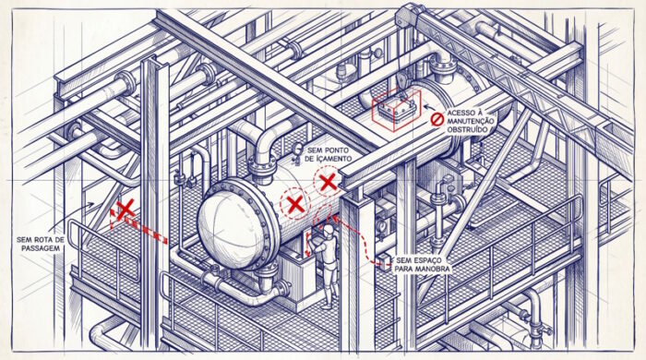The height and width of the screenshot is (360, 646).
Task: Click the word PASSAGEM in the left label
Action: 41,248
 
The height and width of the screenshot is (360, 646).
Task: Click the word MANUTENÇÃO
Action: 470,121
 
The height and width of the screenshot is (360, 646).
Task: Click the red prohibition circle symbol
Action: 437,120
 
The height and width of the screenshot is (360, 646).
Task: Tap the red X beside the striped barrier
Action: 126,209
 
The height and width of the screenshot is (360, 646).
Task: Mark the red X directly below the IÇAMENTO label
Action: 328,182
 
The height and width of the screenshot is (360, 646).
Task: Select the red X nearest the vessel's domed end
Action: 295,204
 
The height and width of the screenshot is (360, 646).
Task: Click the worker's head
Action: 329,231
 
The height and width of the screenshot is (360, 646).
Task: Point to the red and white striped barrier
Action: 138,227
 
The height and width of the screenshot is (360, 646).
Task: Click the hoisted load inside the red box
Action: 396,109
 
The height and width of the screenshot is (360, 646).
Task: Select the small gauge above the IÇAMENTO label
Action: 296,148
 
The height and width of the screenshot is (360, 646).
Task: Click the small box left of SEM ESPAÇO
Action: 385,262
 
